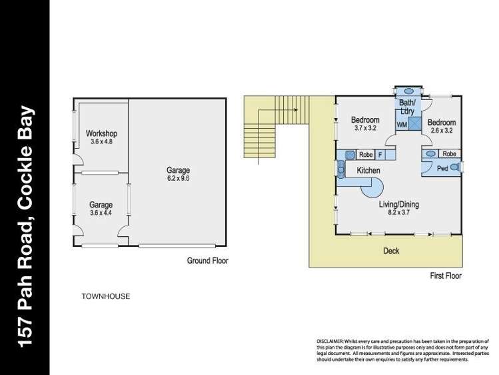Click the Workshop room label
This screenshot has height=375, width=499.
tap(101, 133)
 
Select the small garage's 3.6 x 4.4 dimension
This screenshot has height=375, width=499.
tap(101, 213)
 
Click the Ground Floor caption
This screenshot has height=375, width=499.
tap(207, 261)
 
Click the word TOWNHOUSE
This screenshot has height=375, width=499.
tap(105, 295)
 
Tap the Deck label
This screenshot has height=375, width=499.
tap(391, 251)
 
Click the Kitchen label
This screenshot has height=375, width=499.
tap(368, 171)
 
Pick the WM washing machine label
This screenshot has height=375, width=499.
tap(402, 124)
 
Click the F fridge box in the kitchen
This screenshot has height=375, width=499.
tap(380, 155)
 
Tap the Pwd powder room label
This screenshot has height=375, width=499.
tap(442, 169)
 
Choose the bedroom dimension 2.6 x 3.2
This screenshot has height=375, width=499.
tap(441, 131)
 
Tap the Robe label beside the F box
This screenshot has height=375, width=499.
tap(365, 155)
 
